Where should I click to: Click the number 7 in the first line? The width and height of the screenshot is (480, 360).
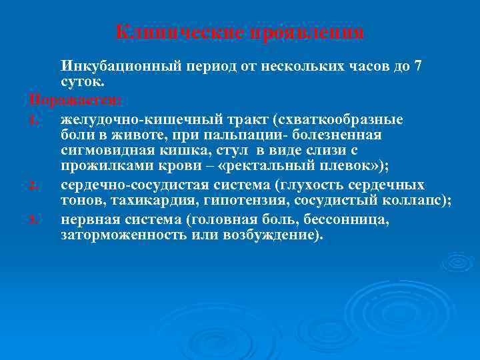[x=418, y=67]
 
